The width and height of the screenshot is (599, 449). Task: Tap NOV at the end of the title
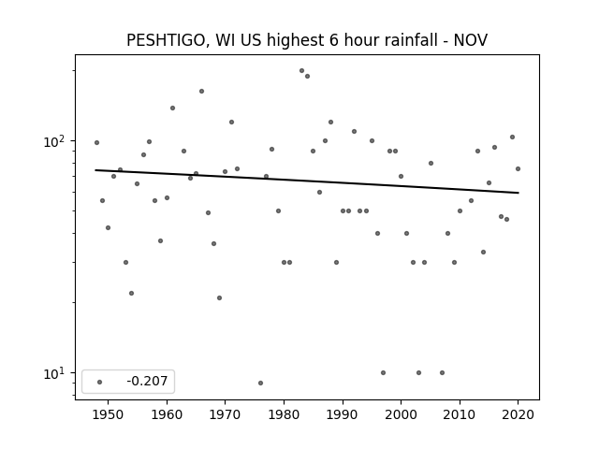(470, 40)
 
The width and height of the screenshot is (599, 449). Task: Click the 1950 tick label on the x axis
(109, 415)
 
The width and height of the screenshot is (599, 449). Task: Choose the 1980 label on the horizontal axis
(284, 415)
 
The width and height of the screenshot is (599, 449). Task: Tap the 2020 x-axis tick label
(518, 415)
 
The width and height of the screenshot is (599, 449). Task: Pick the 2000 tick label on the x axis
(401, 415)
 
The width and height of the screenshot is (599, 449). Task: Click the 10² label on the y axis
(57, 141)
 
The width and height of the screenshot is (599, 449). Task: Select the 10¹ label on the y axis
(57, 373)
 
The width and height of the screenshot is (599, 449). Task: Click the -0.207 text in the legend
(147, 381)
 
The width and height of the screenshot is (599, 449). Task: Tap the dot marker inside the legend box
(100, 382)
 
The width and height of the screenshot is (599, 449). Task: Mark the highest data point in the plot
(301, 71)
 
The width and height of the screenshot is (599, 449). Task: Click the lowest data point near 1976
(260, 383)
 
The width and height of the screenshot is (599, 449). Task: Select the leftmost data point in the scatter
(96, 143)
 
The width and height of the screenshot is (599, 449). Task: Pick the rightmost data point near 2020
(518, 168)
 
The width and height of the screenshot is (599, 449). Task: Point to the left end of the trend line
(95, 170)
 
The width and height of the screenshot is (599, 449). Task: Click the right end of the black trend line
(519, 193)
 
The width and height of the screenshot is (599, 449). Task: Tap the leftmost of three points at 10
(383, 372)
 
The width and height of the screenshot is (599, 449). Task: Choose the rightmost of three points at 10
(442, 372)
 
